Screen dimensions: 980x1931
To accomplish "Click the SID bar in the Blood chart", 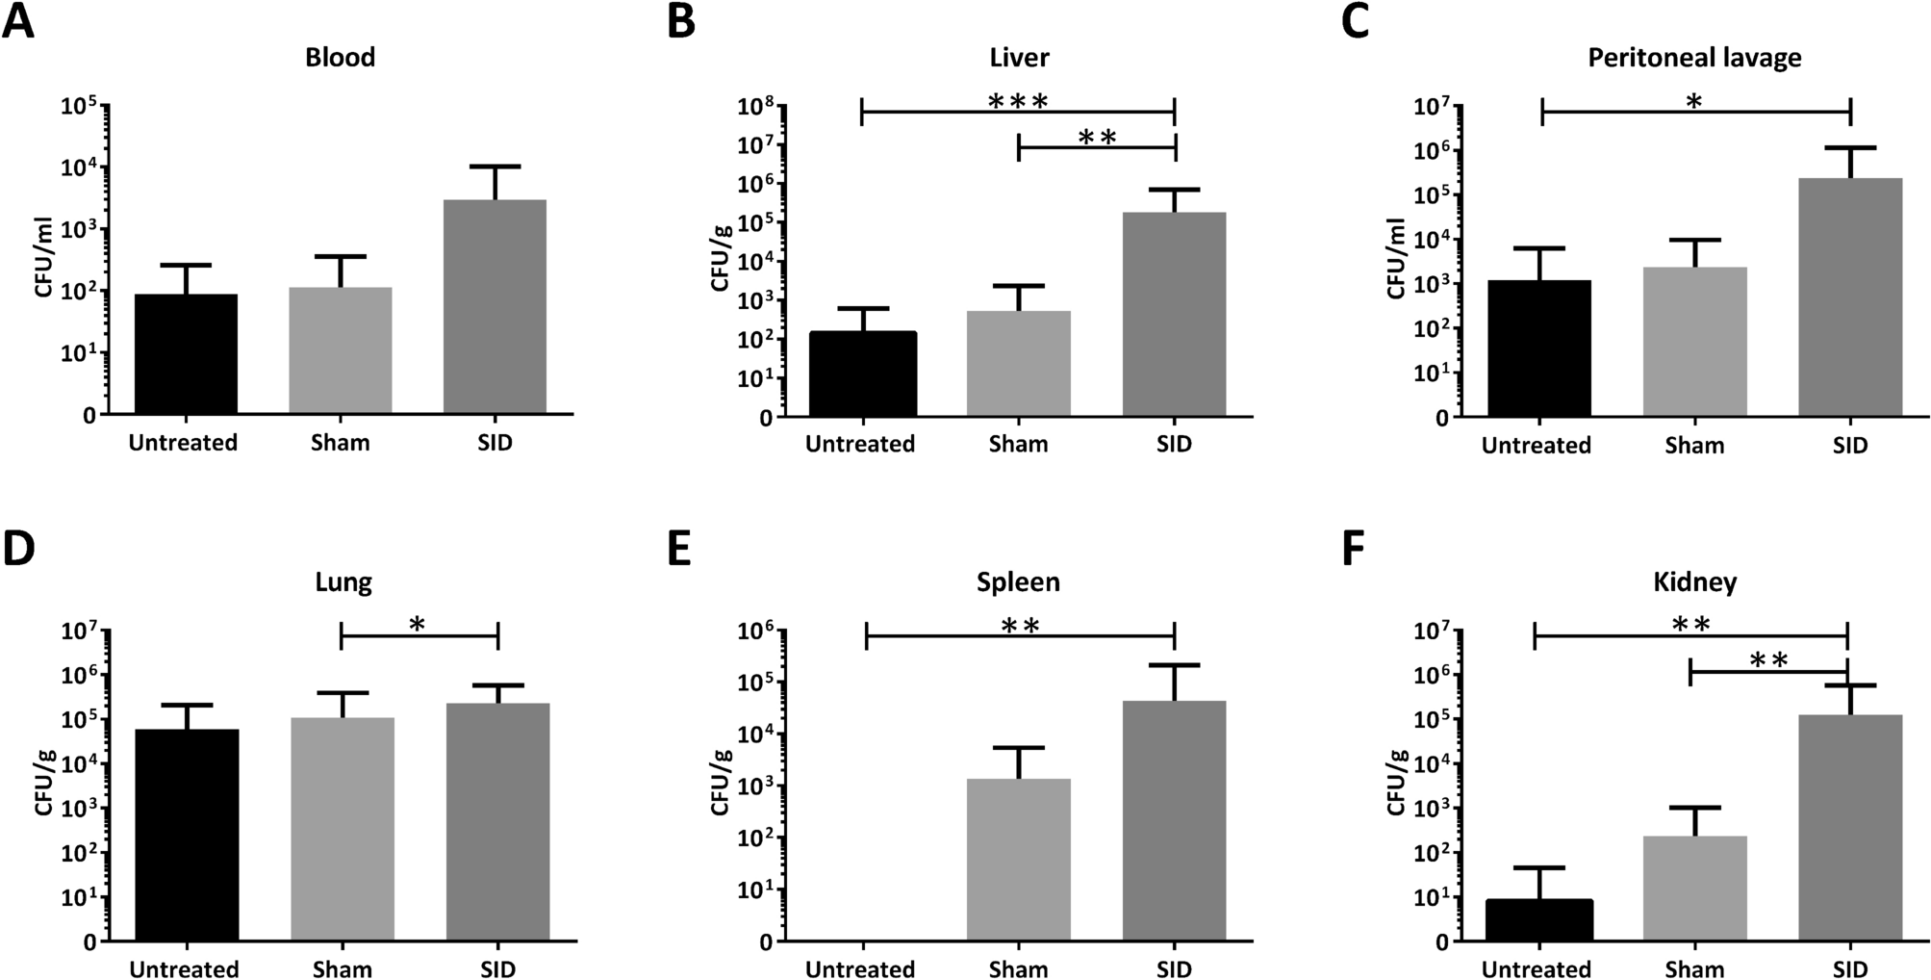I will [x=495, y=308].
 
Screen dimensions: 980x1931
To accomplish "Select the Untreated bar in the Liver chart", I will [x=862, y=374].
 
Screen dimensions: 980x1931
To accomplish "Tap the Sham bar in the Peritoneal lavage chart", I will [x=1694, y=342].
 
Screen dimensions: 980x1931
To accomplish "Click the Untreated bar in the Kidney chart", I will [x=1538, y=920].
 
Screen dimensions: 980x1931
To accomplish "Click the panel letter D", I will [x=18, y=549].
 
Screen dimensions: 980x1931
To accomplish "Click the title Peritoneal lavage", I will [x=1694, y=58].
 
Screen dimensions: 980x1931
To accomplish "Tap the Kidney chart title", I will [x=1694, y=582].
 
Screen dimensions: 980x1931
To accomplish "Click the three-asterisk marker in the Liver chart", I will [x=1018, y=101].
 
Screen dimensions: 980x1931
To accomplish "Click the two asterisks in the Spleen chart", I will [x=1020, y=627].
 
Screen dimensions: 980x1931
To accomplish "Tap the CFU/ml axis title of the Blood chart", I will [x=44, y=260].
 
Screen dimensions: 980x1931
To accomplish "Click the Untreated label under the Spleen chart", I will [x=860, y=968].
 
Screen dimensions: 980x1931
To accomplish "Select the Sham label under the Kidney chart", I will [x=1694, y=968].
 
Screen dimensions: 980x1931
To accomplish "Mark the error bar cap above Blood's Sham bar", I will [x=341, y=256].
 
